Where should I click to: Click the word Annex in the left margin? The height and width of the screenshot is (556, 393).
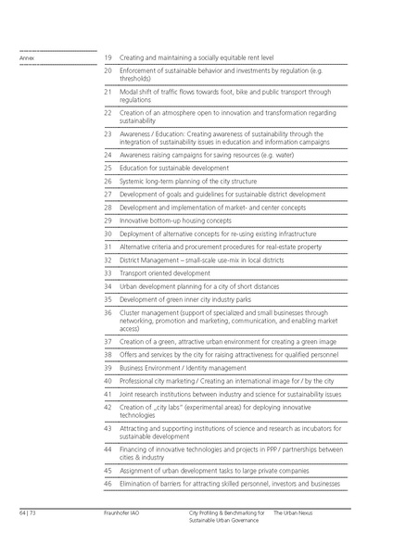(25, 58)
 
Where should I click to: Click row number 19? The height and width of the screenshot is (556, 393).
(108, 57)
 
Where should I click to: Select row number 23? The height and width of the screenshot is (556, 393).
(108, 133)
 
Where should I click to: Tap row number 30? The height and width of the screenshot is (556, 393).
(108, 234)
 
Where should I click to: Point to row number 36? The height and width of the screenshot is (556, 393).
(108, 313)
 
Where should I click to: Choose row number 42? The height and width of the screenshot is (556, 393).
(108, 406)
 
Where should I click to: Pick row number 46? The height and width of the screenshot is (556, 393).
(108, 484)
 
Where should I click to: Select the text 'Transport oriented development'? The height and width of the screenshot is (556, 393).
(165, 273)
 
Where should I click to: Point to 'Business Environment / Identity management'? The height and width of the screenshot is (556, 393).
(182, 367)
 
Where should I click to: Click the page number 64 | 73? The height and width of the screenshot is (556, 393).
(26, 512)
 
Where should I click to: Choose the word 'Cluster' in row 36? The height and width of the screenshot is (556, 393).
(129, 313)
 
